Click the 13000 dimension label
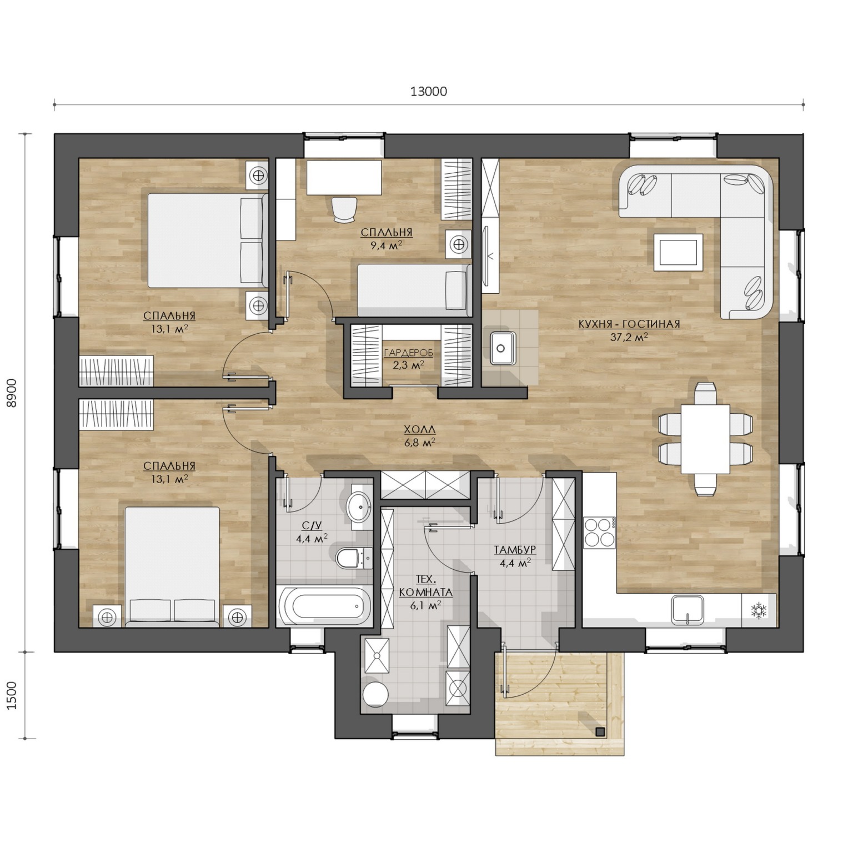tap(428, 91)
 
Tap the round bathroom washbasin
tap(359, 506)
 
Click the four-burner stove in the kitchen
tap(599, 531)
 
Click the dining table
tap(705, 439)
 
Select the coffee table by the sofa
tap(678, 252)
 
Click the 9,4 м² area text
tap(387, 244)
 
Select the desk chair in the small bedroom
tap(344, 209)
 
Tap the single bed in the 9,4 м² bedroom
tap(414, 290)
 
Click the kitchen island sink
tap(503, 348)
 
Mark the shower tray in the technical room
tap(376, 655)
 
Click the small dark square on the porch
tap(599, 731)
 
